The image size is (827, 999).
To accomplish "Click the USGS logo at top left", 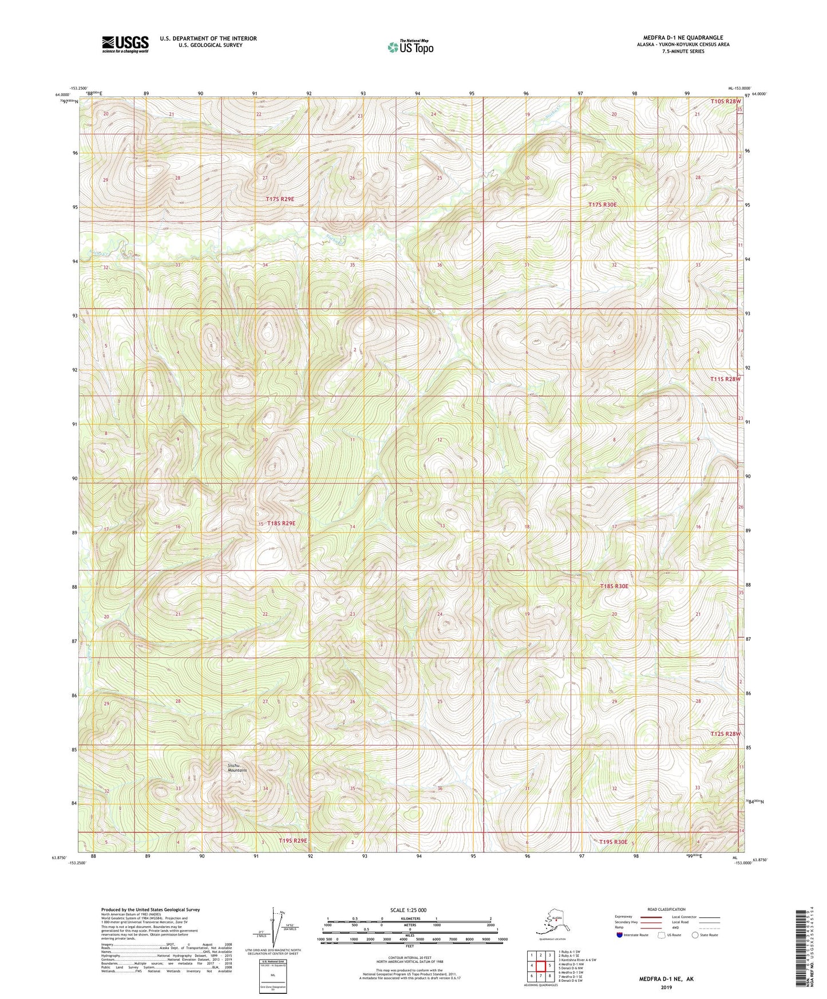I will (x=125, y=44).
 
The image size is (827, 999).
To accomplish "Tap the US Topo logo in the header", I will (x=410, y=47).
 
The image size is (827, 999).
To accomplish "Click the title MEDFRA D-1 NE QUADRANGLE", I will (x=683, y=38).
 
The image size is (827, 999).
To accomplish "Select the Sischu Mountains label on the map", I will (x=237, y=767).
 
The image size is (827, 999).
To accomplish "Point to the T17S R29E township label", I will (x=280, y=199).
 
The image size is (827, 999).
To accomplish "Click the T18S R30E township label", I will (x=614, y=586).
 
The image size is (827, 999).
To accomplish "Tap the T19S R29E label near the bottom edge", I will (x=293, y=841).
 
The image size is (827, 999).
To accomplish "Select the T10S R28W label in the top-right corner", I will (x=726, y=101).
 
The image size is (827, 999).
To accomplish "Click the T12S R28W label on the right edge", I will (x=725, y=734).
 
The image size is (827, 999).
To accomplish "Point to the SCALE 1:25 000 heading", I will (x=409, y=910).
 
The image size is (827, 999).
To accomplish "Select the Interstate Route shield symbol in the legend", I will (x=619, y=935).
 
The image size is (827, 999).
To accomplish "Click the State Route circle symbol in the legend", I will (x=695, y=935).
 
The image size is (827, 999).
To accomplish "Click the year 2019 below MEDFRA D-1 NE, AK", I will (x=666, y=988).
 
